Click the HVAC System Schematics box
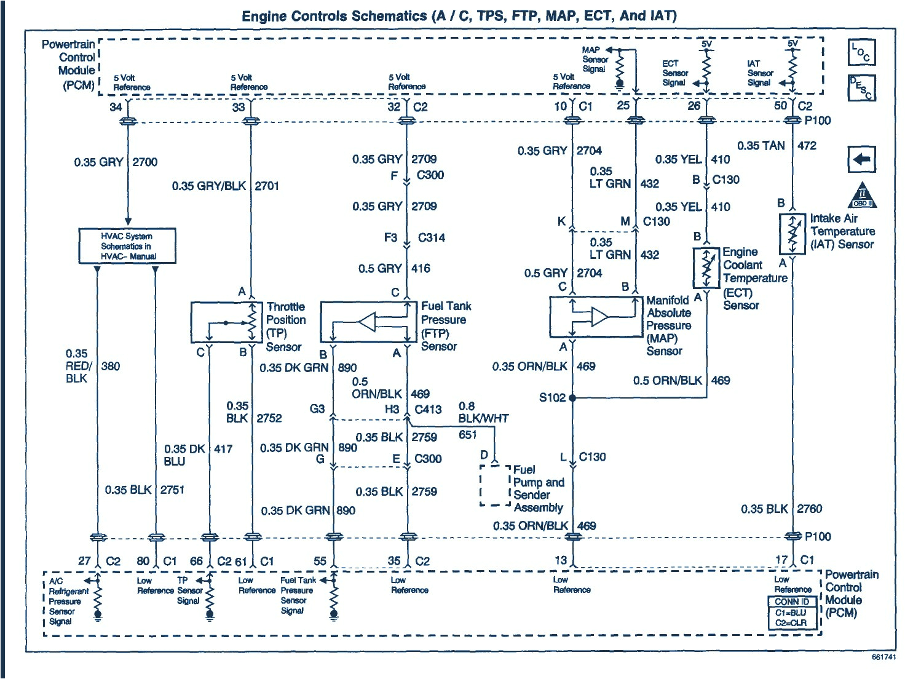[127, 246]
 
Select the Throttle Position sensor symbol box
[227, 322]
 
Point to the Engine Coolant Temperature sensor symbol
[706, 268]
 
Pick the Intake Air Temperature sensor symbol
[792, 234]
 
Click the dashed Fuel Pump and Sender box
[495, 485]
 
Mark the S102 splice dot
[572, 398]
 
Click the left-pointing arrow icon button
[861, 160]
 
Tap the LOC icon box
[861, 52]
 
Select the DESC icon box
[861, 87]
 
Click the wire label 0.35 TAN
[761, 146]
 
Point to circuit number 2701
[267, 186]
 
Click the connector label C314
[432, 237]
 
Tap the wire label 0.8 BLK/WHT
[483, 413]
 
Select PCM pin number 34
[116, 107]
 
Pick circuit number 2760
[809, 509]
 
